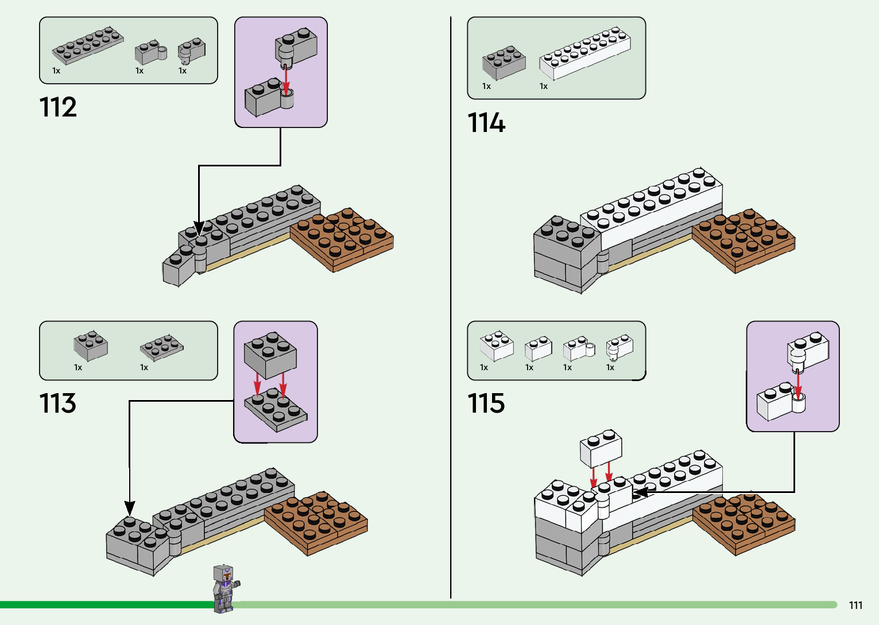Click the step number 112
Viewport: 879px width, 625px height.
tap(57, 107)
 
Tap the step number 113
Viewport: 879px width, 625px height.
tap(57, 403)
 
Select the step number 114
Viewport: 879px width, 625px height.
tap(486, 122)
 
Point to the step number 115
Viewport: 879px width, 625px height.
tap(486, 403)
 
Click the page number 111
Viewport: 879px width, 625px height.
tap(855, 605)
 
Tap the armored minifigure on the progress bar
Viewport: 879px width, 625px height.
tap(226, 588)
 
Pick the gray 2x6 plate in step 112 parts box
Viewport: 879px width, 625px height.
tap(87, 45)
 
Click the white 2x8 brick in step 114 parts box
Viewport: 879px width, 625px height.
tap(584, 53)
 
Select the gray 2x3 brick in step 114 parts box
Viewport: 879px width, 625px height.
tap(504, 63)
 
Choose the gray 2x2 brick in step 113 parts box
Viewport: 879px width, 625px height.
tap(91, 346)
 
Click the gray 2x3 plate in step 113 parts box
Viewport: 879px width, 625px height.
tap(162, 348)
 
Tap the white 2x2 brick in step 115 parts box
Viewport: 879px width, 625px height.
tap(497, 346)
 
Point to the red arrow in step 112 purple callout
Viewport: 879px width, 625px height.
tap(286, 80)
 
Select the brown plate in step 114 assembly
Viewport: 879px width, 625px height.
tap(744, 240)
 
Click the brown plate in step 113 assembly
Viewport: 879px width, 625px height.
tap(316, 523)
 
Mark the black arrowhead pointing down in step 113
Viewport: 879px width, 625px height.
tap(130, 508)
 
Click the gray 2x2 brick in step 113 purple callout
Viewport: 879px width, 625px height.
tap(270, 355)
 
